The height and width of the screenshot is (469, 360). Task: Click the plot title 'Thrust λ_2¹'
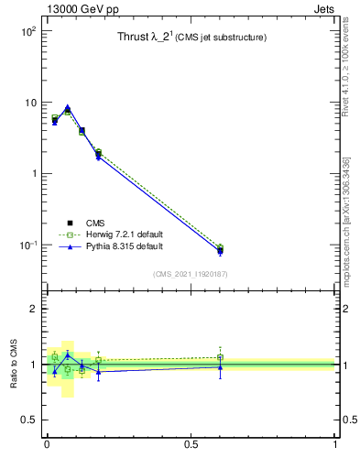(x=149, y=38)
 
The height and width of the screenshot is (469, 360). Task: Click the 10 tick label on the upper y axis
(x=29, y=103)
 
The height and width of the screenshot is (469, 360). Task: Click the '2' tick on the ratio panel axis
(x=32, y=309)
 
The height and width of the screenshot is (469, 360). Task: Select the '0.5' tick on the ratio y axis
(x=27, y=420)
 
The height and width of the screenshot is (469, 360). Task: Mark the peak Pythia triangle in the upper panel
(x=68, y=107)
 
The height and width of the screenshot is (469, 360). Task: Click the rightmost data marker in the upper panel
(x=220, y=249)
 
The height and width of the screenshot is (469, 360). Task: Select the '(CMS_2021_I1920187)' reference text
(x=191, y=274)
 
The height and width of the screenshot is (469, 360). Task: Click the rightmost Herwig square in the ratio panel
(x=220, y=357)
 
